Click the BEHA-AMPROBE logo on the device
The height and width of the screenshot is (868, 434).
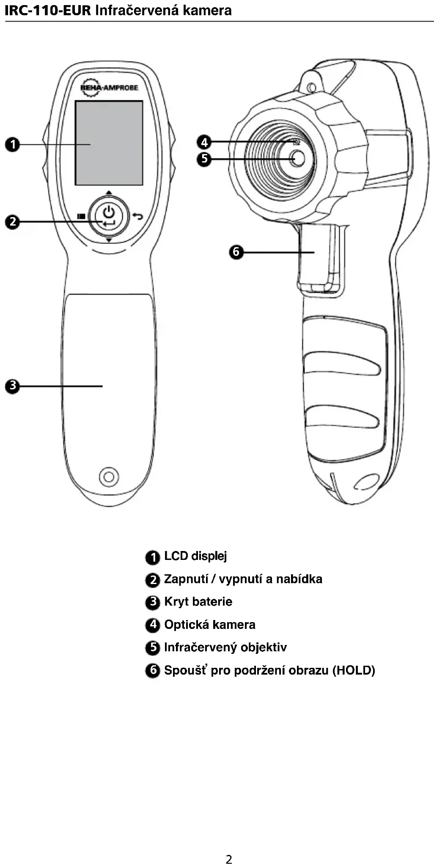tap(109, 88)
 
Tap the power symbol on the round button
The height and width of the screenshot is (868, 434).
tap(109, 211)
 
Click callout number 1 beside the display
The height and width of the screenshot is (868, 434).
tap(13, 144)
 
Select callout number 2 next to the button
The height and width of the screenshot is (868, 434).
tap(13, 221)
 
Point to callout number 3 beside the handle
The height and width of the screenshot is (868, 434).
tap(13, 386)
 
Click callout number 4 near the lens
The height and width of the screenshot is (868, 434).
tap(204, 142)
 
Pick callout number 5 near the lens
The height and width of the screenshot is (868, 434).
tap(204, 159)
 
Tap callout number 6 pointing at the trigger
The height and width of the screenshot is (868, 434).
tap(236, 252)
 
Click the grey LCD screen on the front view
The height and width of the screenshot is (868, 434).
tap(109, 143)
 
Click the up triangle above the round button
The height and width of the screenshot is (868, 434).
tap(109, 193)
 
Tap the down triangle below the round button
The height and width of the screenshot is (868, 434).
tap(109, 240)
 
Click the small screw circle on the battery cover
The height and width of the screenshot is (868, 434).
tap(109, 477)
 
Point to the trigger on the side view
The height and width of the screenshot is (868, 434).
tap(319, 258)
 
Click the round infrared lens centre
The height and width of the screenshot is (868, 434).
tap(298, 158)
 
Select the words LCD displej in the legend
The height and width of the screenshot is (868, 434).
tap(195, 556)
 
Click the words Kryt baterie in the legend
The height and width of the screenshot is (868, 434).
tap(198, 602)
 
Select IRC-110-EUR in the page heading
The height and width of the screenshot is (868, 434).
tap(48, 10)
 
